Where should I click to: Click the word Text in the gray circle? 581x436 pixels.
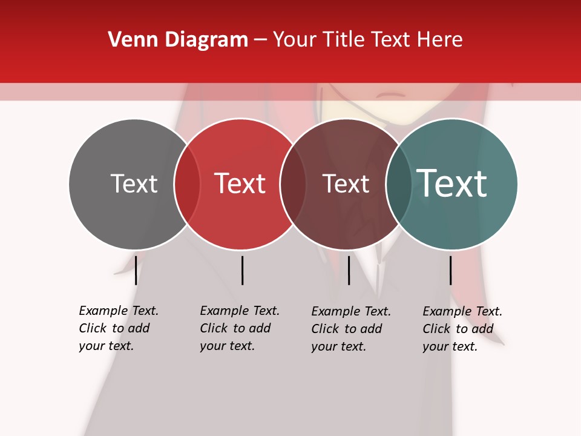tap(134, 183)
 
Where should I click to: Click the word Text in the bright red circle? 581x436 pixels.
tap(240, 183)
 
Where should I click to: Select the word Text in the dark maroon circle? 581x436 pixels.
tap(346, 183)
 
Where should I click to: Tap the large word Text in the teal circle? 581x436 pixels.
tap(452, 183)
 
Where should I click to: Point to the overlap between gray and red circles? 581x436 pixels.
tap(187, 183)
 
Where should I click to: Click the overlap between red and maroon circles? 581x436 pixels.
tap(293, 183)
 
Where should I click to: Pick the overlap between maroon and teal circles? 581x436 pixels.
tap(399, 183)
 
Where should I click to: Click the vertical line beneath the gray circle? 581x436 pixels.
tap(136, 270)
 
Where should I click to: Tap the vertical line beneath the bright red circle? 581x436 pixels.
tap(242, 270)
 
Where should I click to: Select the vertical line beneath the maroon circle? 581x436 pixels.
tap(349, 270)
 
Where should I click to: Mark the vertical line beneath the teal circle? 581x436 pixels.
tap(450, 270)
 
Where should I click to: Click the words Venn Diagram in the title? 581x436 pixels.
tap(178, 40)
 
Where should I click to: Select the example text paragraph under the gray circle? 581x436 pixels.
tap(119, 328)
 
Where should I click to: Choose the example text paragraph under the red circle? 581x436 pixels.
tap(240, 328)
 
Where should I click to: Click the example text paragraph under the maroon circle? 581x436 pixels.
tap(351, 328)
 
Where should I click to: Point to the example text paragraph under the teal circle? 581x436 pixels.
tap(462, 328)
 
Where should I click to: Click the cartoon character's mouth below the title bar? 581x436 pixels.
tap(392, 95)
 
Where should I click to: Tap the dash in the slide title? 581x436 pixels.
tap(260, 40)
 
